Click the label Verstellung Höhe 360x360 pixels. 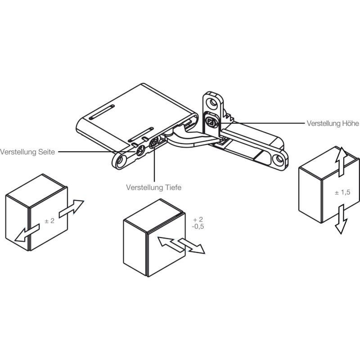(333, 123)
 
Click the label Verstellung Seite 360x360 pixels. (27, 152)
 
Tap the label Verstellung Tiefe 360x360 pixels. (153, 187)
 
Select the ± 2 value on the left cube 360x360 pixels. (49, 221)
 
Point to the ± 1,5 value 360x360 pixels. (342, 192)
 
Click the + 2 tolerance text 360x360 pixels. (198, 220)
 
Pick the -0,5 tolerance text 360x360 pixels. (198, 227)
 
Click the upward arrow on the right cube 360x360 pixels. (341, 162)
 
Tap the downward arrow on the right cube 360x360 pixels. (341, 219)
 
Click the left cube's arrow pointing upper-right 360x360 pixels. (71, 208)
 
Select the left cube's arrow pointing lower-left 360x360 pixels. (27, 233)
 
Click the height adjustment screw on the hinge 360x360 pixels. (211, 121)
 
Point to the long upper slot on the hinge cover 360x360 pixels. (102, 112)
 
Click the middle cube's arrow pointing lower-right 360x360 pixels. (192, 246)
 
